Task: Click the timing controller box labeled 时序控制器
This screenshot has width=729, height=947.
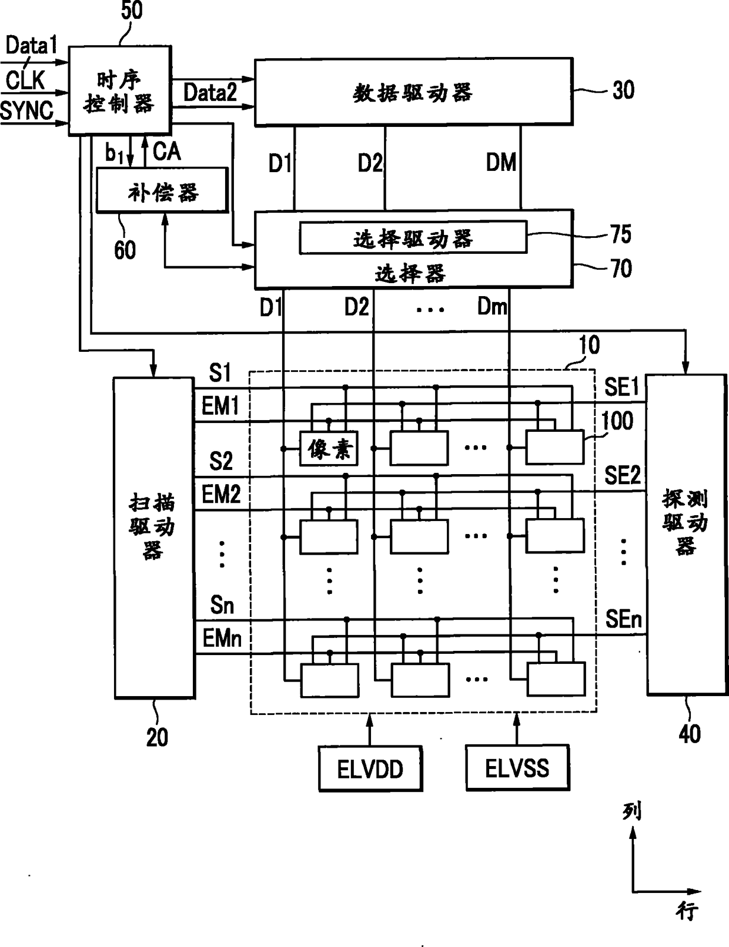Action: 120,91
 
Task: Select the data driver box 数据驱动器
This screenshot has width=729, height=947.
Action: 413,92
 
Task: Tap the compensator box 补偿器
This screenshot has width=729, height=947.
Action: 162,190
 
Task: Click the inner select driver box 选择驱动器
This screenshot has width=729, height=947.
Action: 413,237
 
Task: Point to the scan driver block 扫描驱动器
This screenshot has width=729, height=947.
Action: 153,538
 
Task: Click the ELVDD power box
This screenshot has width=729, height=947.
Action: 370,768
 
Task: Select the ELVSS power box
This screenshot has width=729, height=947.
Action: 517,768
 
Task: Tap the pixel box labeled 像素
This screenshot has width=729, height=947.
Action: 329,449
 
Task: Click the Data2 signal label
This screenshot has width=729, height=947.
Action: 210,92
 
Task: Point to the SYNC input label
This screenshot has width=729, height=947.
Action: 27,110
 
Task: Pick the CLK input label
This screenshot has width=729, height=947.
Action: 25,80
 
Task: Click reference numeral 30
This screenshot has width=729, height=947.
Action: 623,90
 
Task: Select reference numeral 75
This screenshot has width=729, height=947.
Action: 621,234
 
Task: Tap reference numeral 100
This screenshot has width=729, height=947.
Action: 617,421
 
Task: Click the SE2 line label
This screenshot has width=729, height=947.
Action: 622,475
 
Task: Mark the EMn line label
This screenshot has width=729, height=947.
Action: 222,638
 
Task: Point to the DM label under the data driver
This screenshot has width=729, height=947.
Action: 501,163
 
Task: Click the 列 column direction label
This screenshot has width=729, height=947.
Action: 632,811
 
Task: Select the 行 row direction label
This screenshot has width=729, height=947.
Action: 687,911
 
